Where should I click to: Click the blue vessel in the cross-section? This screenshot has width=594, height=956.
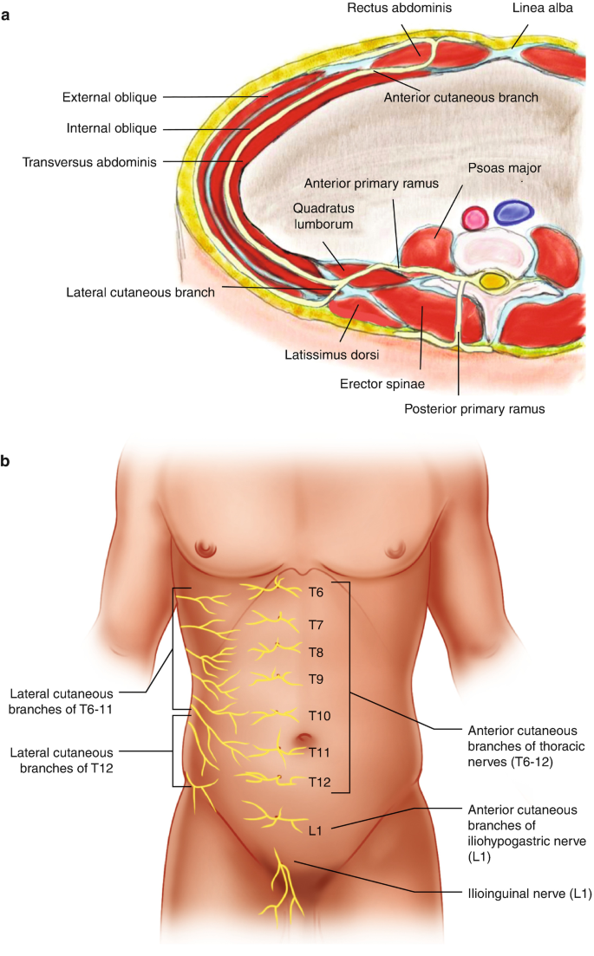tap(513, 212)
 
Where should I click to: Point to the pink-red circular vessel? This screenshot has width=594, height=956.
tap(475, 217)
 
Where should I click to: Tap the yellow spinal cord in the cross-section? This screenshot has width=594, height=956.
tap(493, 281)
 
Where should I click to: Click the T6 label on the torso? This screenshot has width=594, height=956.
tap(317, 593)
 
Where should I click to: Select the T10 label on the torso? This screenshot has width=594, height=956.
tap(319, 716)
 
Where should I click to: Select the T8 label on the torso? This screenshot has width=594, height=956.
tap(317, 652)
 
